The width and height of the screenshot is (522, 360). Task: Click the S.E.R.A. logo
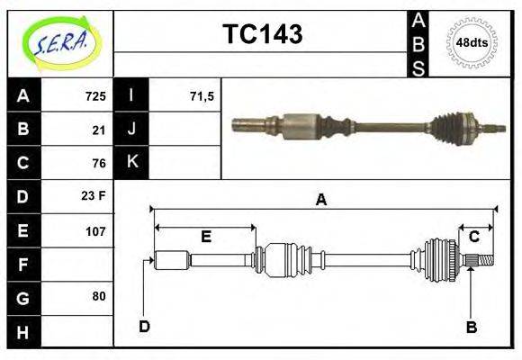point(60,42)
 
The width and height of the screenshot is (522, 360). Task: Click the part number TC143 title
point(262,35)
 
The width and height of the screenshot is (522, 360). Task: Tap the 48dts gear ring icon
point(472,42)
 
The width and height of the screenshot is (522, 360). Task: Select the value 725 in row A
point(95,95)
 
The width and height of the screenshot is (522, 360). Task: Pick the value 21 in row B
point(99,129)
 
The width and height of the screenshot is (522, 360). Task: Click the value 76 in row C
point(99,163)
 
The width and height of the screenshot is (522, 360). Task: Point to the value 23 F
point(94,196)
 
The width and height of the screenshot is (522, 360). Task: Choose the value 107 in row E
point(95,230)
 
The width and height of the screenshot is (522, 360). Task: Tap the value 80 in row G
point(99,296)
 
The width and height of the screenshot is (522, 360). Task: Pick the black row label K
point(131,163)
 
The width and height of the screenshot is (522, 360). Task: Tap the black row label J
point(131,129)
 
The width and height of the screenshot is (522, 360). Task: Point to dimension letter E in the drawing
point(205,237)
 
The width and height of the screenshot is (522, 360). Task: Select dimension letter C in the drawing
point(473,237)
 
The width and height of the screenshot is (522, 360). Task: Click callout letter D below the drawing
point(144,326)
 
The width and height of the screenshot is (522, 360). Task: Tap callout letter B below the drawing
point(471,327)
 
